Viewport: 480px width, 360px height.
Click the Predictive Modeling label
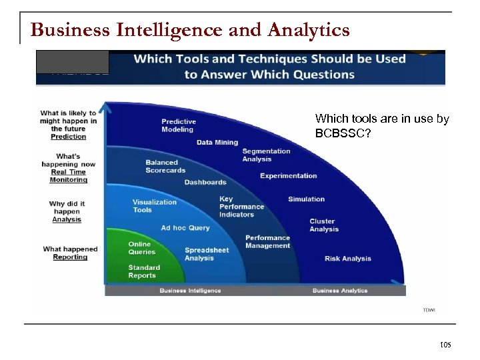pyautogui.click(x=179, y=125)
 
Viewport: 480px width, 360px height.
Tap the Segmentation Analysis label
pyautogui.click(x=266, y=155)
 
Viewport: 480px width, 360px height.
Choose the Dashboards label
pyautogui.click(x=205, y=182)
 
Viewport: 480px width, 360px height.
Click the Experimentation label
pyautogui.click(x=288, y=176)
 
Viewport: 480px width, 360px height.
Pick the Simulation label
pyautogui.click(x=306, y=199)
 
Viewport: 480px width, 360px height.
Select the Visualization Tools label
pyautogui.click(x=155, y=206)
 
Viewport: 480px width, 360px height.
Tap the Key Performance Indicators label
pyautogui.click(x=241, y=207)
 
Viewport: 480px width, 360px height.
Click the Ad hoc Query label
pyautogui.click(x=185, y=228)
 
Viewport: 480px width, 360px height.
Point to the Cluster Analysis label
pyautogui.click(x=324, y=225)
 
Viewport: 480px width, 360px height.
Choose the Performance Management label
pyautogui.click(x=267, y=241)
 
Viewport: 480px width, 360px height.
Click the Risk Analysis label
pyautogui.click(x=348, y=259)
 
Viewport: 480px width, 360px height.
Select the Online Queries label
pyautogui.click(x=142, y=248)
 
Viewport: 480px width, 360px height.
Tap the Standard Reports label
pyautogui.click(x=142, y=271)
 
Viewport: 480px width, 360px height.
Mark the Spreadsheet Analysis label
pyautogui.click(x=207, y=254)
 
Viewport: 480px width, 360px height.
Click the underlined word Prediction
pyautogui.click(x=69, y=137)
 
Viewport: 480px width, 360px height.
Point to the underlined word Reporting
pyautogui.click(x=70, y=257)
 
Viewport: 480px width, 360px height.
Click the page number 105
pyautogui.click(x=445, y=345)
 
